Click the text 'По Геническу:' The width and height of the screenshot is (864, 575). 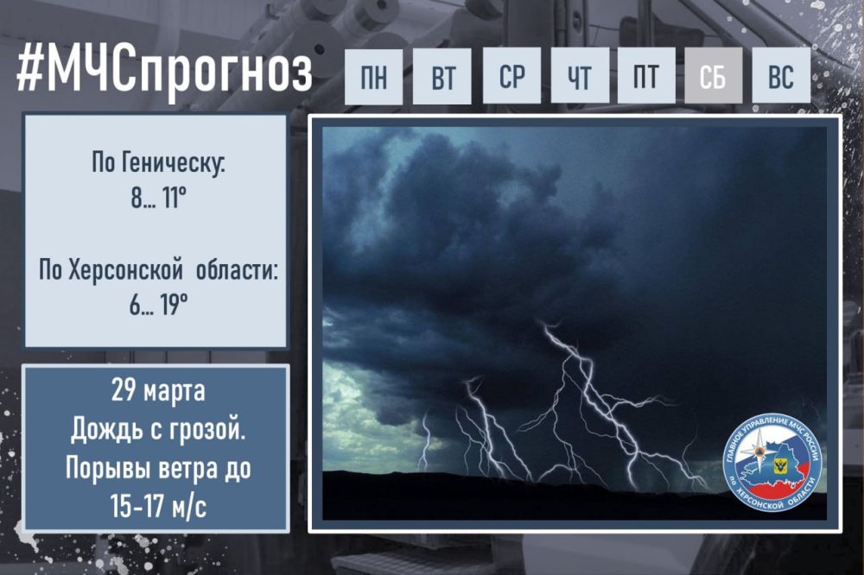coord(156,163)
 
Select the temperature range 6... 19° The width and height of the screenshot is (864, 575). coord(156,306)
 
